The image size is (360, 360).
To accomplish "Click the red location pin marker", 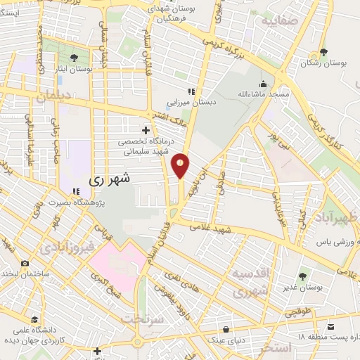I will (x=181, y=166).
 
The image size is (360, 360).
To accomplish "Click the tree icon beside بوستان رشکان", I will (x=323, y=52).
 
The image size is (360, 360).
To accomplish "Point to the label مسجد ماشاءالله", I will (x=262, y=94).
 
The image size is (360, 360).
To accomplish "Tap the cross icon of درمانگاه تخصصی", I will (x=146, y=130).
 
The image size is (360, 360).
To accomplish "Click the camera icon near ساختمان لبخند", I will (x=25, y=264).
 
